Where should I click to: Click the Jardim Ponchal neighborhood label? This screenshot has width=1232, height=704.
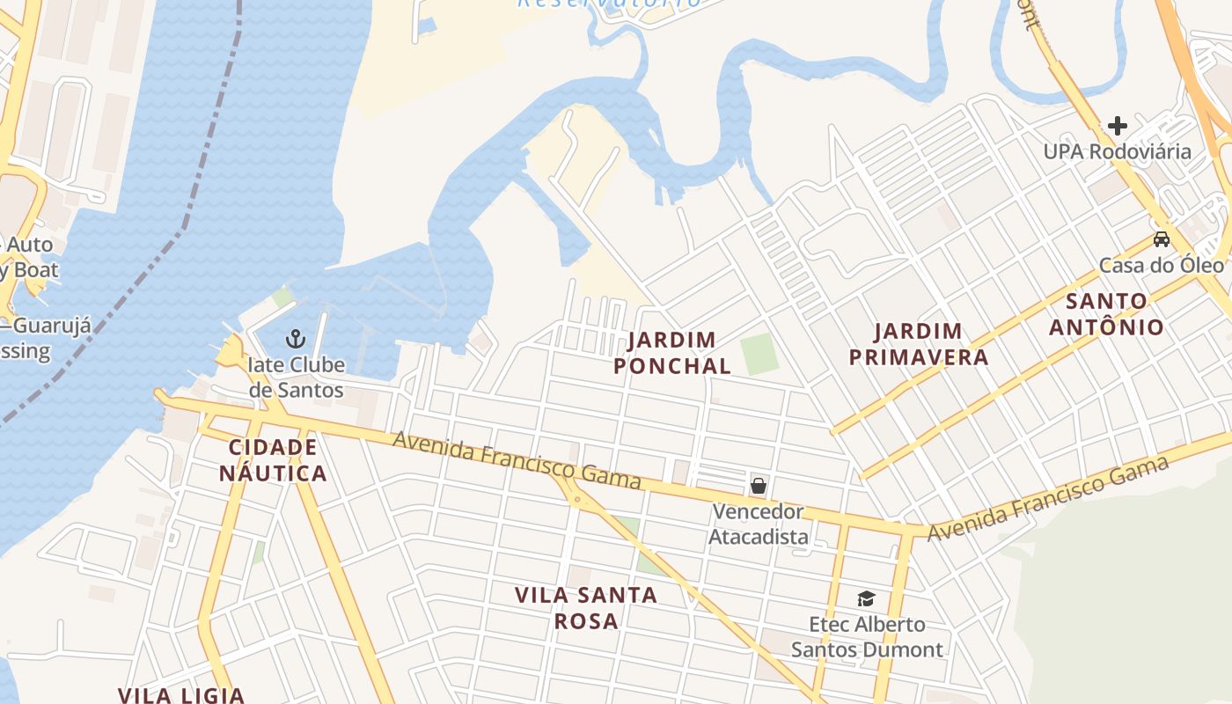672,352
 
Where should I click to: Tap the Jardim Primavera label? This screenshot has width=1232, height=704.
931,344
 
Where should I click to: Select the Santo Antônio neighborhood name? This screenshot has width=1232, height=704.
1114,313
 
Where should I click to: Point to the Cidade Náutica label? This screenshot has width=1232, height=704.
273,459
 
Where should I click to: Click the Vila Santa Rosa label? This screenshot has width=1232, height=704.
586,607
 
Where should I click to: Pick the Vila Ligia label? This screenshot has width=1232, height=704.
181,695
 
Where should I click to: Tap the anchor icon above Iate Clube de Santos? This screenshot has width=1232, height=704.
296,338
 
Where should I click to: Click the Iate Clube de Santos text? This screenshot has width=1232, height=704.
296,377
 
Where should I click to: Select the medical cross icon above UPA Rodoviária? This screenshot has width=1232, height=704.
1117,126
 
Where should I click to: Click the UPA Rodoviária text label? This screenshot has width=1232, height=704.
1117,151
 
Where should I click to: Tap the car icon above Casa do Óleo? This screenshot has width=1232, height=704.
1162,239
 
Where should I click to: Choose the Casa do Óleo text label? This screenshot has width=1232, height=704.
1162,265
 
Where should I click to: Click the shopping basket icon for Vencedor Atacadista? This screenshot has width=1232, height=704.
758,485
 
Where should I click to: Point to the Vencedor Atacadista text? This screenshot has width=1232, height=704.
758,524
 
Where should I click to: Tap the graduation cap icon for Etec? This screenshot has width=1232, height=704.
867,598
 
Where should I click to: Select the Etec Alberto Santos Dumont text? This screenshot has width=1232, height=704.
867,637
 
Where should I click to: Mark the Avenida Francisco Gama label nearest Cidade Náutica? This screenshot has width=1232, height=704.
517,460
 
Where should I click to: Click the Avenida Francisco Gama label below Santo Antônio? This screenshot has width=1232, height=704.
1047,498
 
